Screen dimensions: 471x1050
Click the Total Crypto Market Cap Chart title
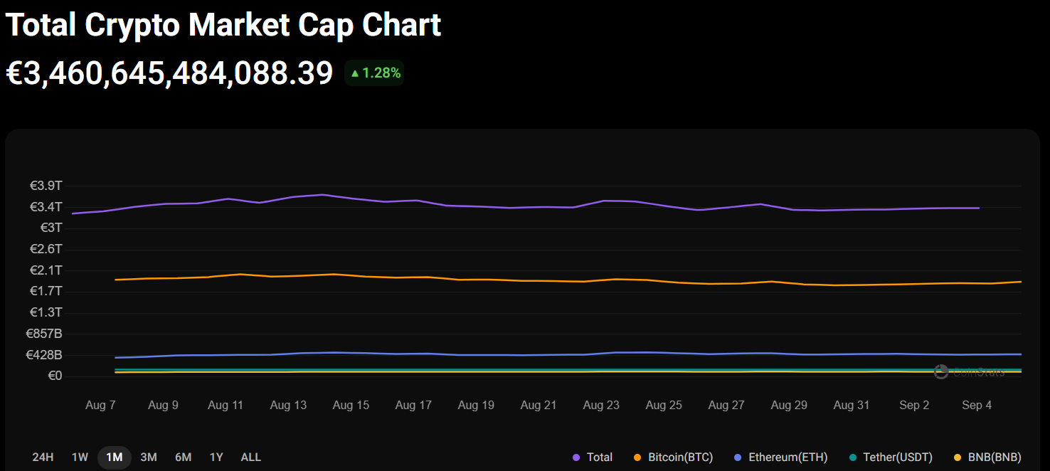(x=223, y=25)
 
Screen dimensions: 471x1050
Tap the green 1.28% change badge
(x=375, y=73)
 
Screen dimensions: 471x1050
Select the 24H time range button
(x=43, y=457)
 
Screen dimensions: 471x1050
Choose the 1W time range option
(x=80, y=457)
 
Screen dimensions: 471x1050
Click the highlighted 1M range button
(x=114, y=457)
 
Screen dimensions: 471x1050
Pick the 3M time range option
(x=149, y=457)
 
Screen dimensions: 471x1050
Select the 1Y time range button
(x=216, y=457)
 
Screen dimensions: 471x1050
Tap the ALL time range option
(x=251, y=457)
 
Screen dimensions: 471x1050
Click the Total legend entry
(x=593, y=457)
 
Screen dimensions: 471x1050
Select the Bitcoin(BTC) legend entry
(x=673, y=457)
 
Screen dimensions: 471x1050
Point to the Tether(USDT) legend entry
(x=891, y=457)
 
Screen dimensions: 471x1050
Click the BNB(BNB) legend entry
(x=987, y=457)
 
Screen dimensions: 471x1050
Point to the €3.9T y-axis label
(x=46, y=186)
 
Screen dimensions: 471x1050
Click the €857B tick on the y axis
(x=44, y=334)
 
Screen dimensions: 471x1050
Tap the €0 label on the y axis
(x=55, y=376)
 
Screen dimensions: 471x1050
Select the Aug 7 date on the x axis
(x=100, y=405)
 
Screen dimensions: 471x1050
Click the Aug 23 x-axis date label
(x=601, y=405)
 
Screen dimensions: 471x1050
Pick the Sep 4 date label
(x=977, y=405)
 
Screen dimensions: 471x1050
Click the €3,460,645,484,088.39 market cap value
(x=169, y=73)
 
